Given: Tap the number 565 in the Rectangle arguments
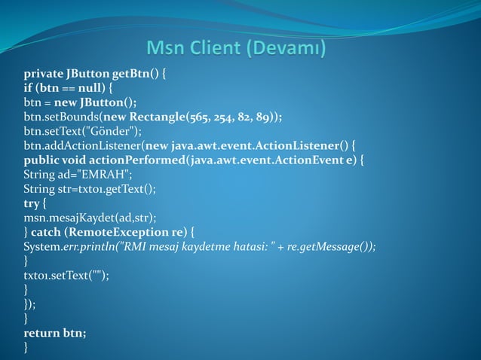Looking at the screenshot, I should click(207, 117).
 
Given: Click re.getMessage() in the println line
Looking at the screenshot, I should click(332, 246).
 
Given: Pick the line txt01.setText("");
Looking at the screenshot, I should click(66, 274).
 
